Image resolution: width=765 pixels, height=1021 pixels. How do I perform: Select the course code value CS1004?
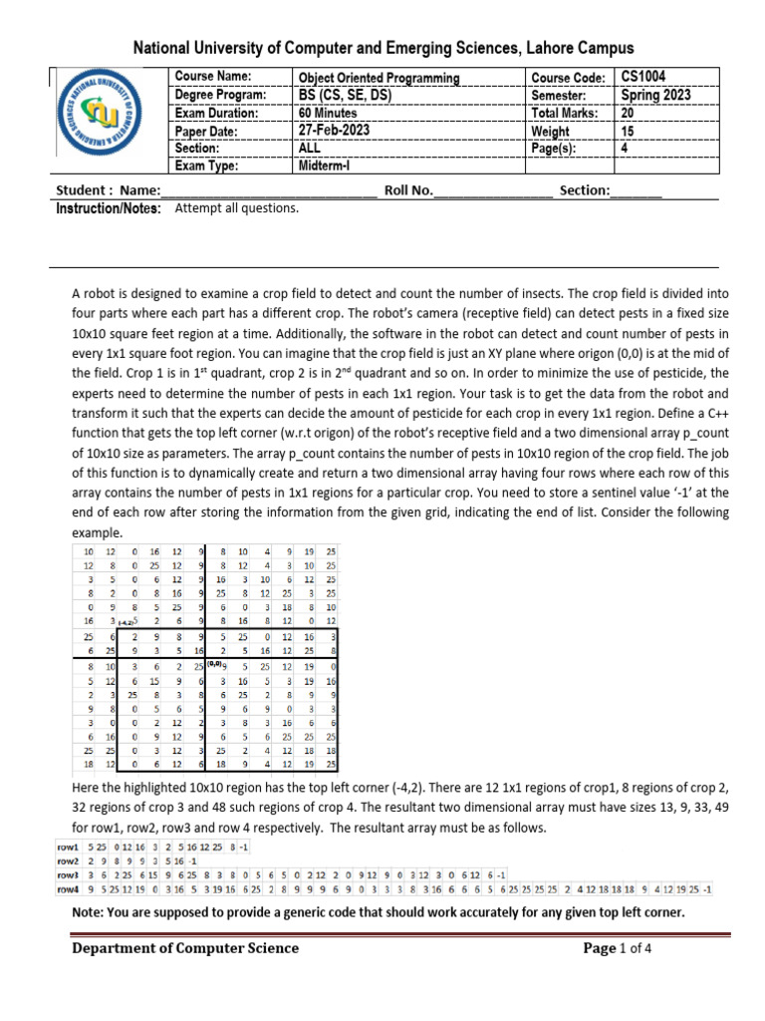click(644, 77)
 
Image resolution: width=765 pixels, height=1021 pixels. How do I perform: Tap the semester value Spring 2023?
click(654, 95)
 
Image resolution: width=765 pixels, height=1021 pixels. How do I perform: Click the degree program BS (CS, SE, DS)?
click(345, 95)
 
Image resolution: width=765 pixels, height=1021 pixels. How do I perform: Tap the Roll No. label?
click(408, 189)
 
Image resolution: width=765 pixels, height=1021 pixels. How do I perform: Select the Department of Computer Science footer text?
click(184, 948)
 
